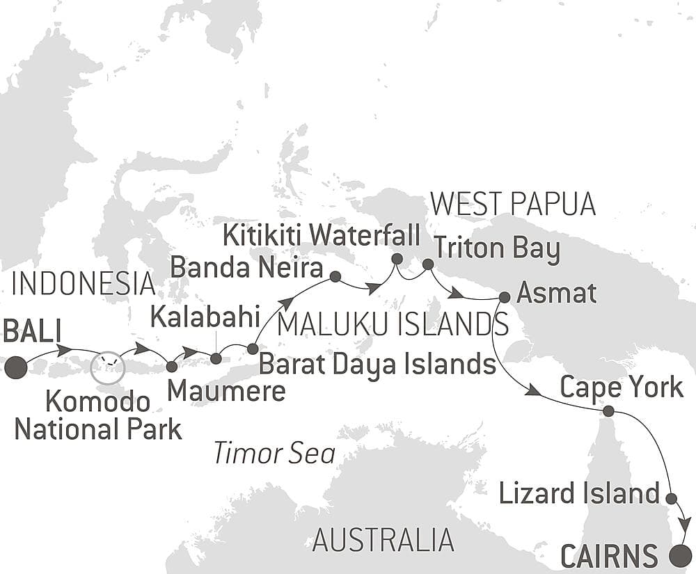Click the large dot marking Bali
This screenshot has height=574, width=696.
point(15,367)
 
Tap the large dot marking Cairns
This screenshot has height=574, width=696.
point(680,556)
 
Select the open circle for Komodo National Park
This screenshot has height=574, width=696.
point(108,367)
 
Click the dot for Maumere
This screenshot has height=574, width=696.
point(172,365)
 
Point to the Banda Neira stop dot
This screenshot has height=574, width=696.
point(335,277)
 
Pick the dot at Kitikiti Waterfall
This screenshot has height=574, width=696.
point(397,259)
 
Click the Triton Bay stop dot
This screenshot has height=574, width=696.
point(428,264)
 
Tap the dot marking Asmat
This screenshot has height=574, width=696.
point(505,297)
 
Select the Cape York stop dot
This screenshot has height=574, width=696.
point(608,411)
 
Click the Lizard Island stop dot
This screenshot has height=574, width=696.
point(671,498)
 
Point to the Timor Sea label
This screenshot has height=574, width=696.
point(274,454)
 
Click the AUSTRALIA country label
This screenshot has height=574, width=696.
point(383,540)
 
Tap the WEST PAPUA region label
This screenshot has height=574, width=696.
point(513,205)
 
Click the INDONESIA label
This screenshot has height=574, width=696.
point(84,284)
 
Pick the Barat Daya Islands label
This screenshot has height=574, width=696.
point(377,362)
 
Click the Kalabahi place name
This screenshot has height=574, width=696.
point(205,319)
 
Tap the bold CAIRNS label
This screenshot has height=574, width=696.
point(609,557)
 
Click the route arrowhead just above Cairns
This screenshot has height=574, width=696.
point(686,524)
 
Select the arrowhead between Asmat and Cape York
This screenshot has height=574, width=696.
point(534,392)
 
